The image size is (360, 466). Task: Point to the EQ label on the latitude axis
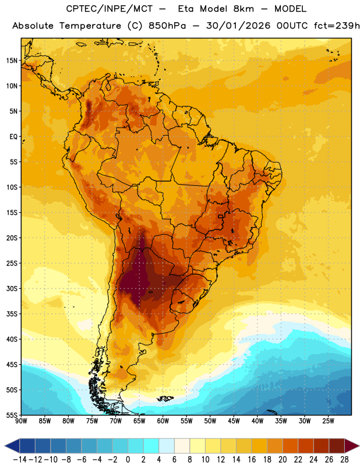pyautogui.click(x=13, y=137)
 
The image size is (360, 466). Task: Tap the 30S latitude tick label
pyautogui.click(x=12, y=288)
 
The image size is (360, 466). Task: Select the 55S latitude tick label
pyautogui.click(x=12, y=415)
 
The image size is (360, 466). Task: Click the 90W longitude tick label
pyautogui.click(x=21, y=421)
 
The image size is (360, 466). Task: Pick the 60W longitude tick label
pyautogui.click(x=163, y=421)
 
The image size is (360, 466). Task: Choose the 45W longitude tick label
pyautogui.click(x=234, y=421)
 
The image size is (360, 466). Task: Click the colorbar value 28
pyautogui.click(x=344, y=460)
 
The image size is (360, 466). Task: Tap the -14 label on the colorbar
pyautogui.click(x=20, y=460)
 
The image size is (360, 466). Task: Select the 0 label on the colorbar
pyautogui.click(x=128, y=460)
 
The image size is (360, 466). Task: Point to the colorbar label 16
pyautogui.click(x=252, y=460)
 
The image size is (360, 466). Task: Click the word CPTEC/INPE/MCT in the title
pyautogui.click(x=110, y=9)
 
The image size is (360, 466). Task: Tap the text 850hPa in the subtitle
pyautogui.click(x=167, y=26)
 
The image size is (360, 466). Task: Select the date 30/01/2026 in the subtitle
pyautogui.click(x=238, y=26)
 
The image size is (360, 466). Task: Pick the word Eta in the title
pyautogui.click(x=186, y=9)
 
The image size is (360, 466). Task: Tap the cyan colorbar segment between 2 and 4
pyautogui.click(x=151, y=446)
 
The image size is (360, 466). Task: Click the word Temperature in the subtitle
pyautogui.click(x=90, y=26)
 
